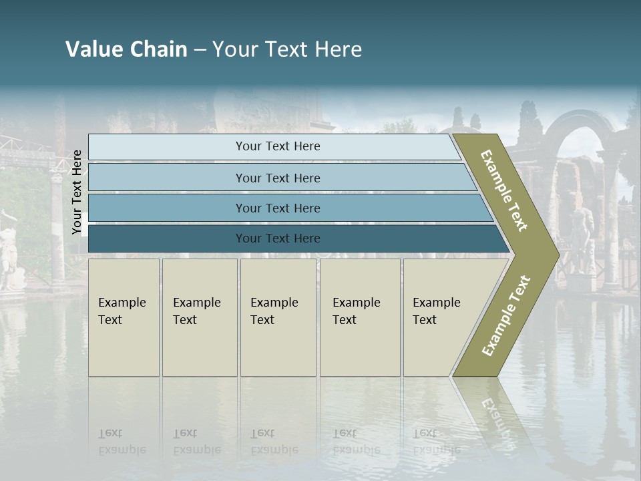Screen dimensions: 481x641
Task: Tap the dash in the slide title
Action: coord(200,50)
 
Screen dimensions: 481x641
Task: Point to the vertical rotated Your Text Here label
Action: coord(77,192)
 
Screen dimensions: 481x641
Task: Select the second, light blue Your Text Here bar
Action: coord(278,178)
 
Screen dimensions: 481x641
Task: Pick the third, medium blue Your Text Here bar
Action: coord(278,208)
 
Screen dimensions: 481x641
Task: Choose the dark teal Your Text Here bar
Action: coord(278,238)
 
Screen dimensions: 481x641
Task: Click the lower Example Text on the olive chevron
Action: coord(506,315)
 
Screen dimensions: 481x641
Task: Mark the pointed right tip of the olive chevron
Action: coord(558,255)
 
